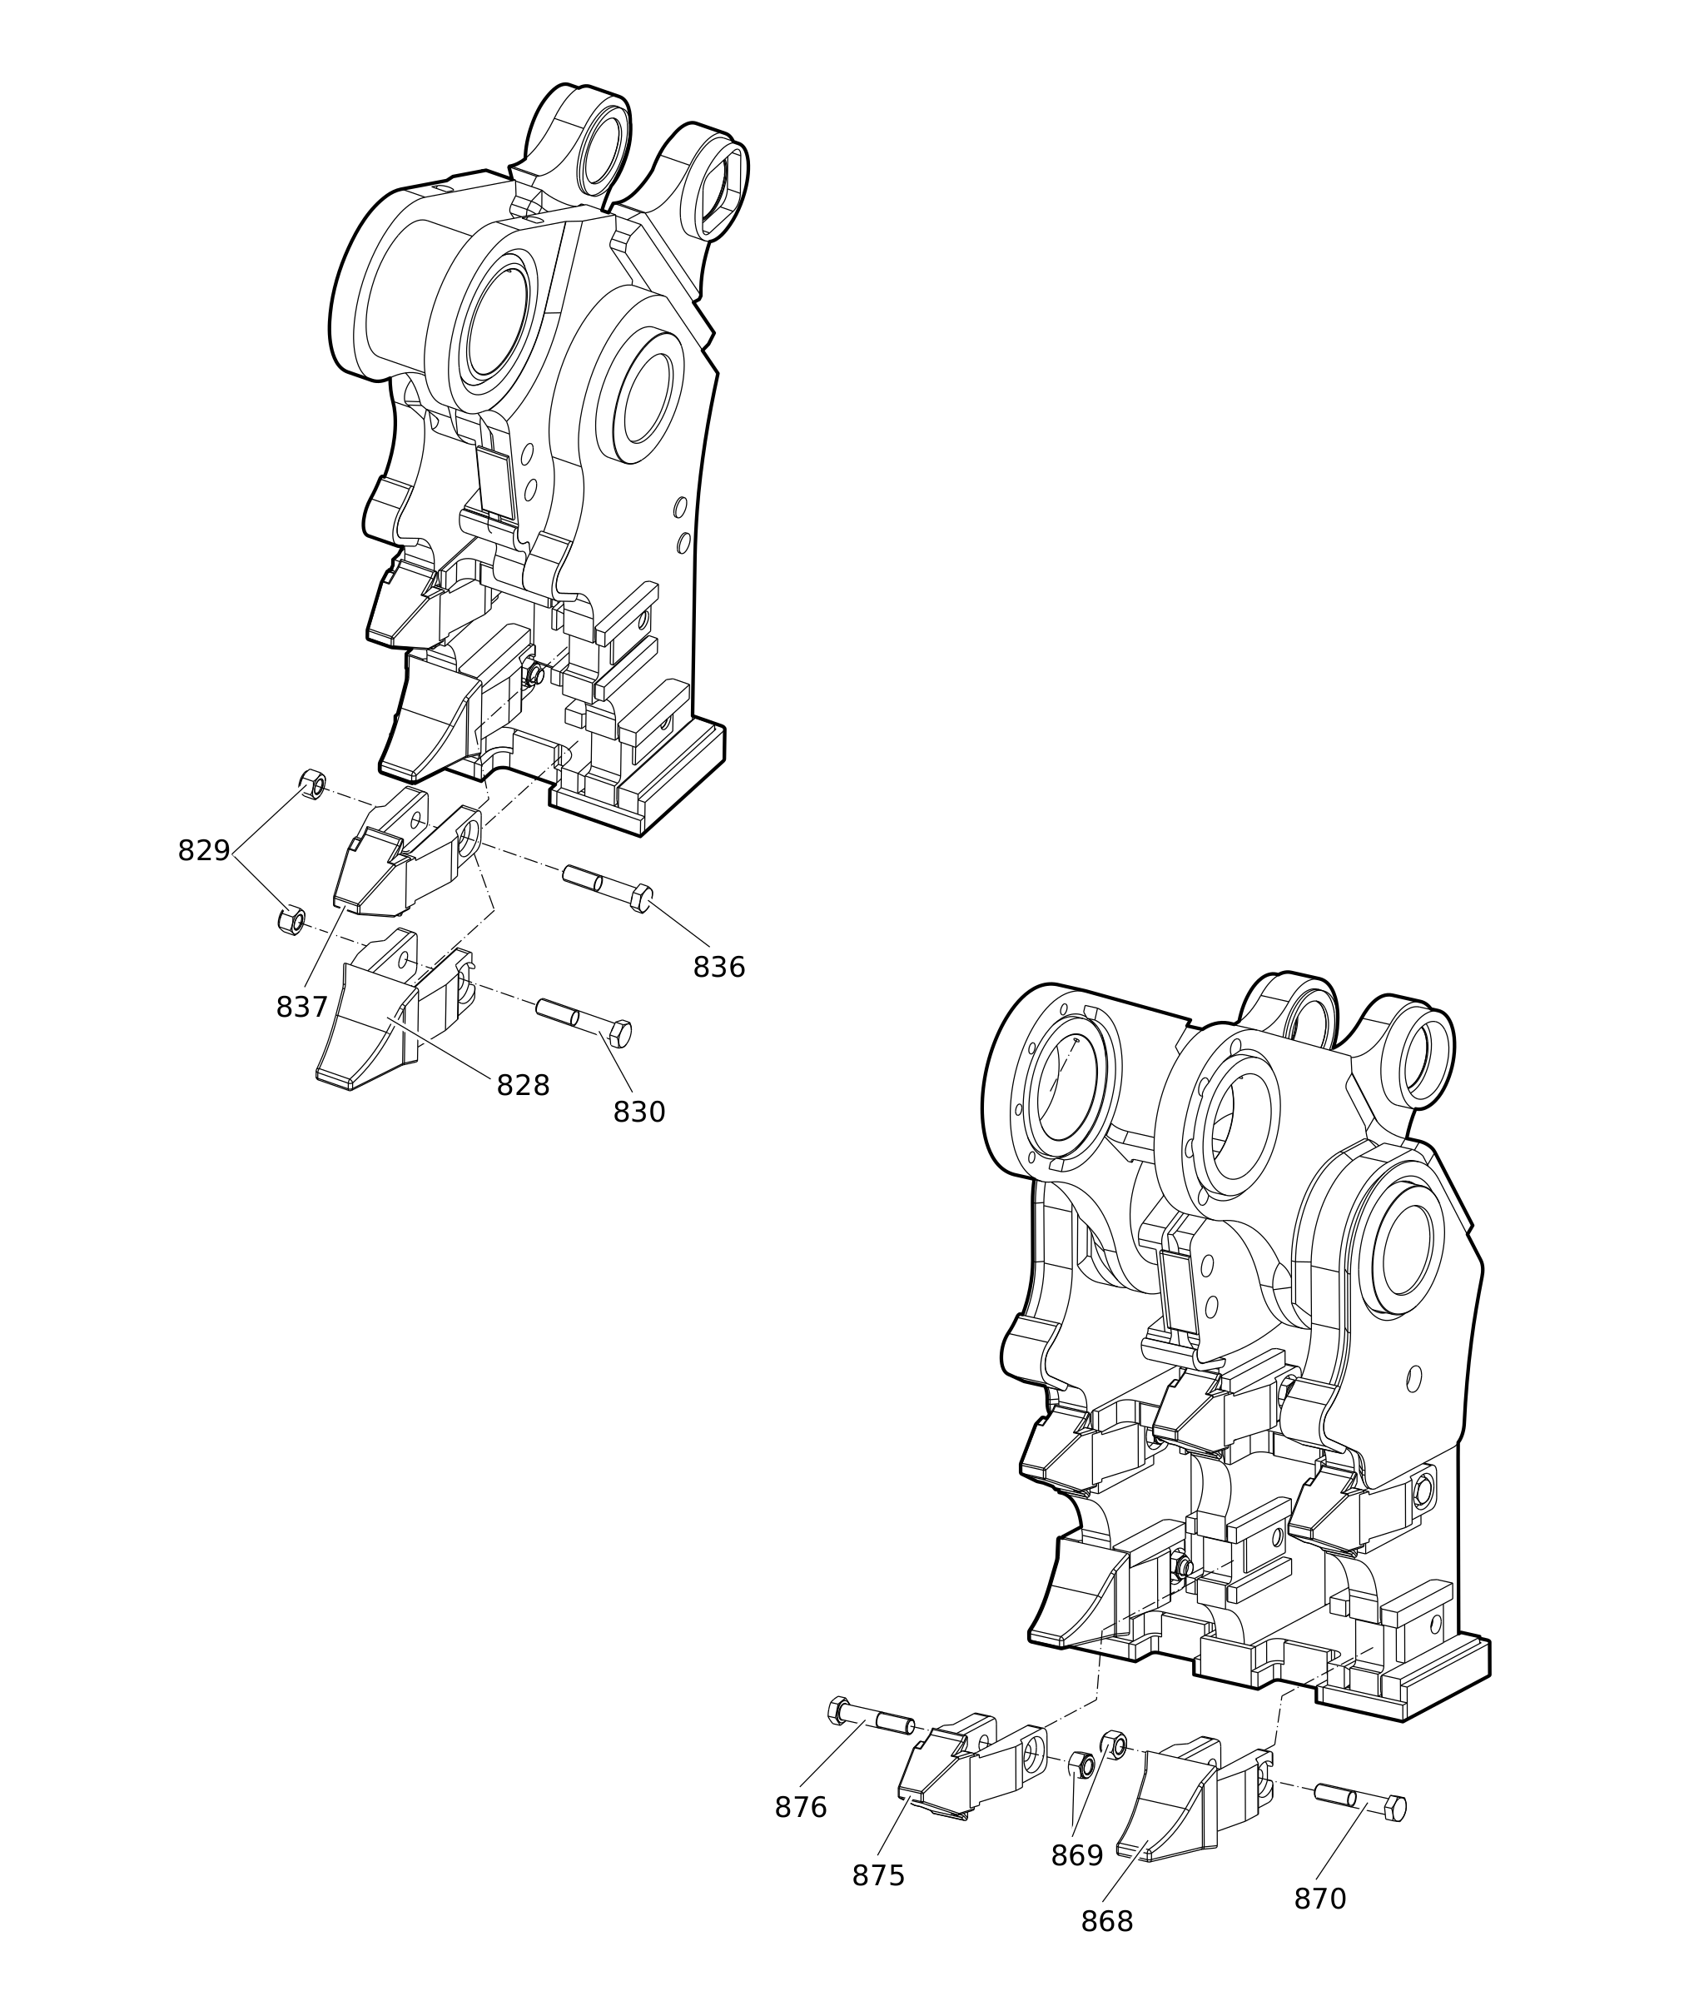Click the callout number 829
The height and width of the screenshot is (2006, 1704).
click(x=204, y=851)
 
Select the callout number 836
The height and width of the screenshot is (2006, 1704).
click(x=720, y=968)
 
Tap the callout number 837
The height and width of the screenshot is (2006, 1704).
click(x=302, y=1008)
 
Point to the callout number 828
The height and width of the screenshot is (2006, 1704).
click(x=524, y=1086)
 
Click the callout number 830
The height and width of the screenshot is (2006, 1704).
click(x=639, y=1113)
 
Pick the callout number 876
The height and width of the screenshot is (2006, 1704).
click(x=801, y=1808)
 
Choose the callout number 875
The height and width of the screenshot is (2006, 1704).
click(x=878, y=1877)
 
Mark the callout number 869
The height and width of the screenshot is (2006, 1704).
click(x=1077, y=1856)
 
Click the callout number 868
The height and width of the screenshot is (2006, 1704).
click(x=1107, y=1923)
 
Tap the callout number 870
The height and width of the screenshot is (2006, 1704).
click(x=1320, y=1899)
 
